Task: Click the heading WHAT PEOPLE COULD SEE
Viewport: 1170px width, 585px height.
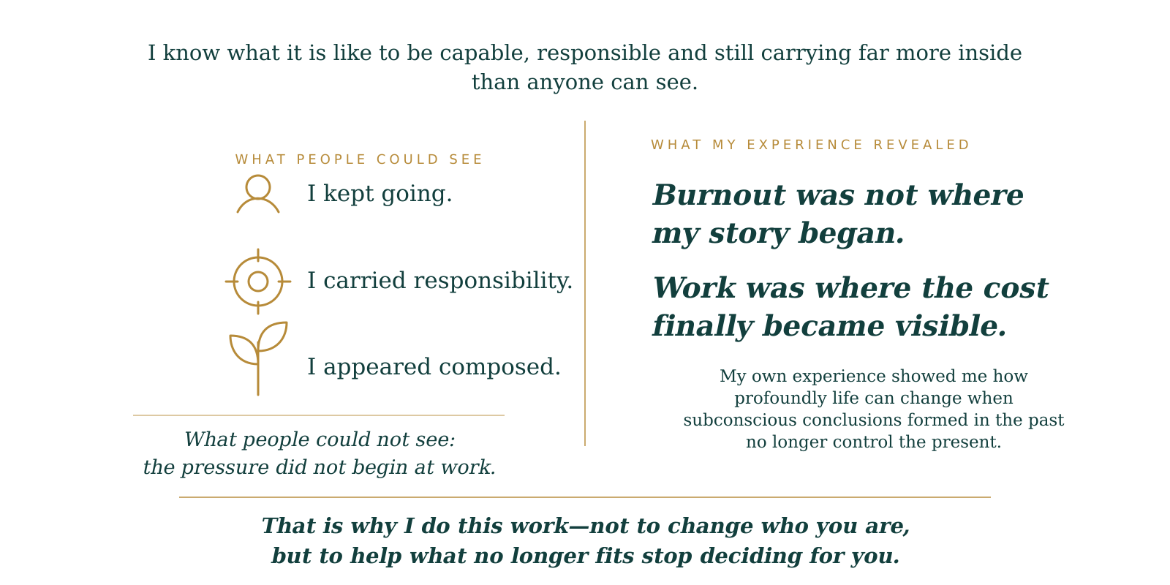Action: point(359,159)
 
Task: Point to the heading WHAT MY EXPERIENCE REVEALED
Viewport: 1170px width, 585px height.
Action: point(810,145)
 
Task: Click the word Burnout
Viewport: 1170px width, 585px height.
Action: point(719,195)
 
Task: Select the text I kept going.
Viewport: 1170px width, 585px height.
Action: point(380,194)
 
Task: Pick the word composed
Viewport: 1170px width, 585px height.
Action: point(500,367)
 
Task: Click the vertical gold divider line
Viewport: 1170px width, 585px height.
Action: point(585,283)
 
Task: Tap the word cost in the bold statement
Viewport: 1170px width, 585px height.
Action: point(1016,288)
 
